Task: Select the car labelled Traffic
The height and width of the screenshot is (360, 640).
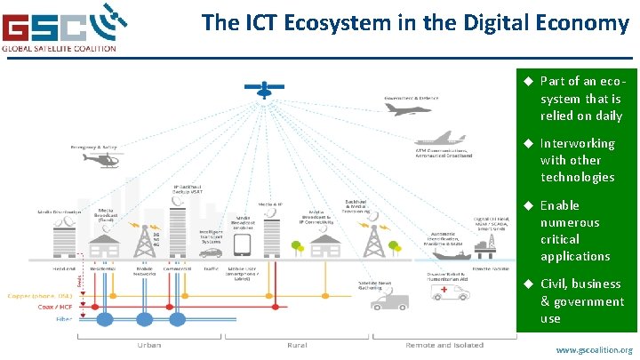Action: pos(212,256)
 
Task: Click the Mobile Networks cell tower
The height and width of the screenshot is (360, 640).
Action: pos(141,240)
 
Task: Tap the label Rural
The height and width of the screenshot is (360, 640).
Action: pos(296,344)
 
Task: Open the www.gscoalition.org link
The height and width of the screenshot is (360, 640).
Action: pos(594,350)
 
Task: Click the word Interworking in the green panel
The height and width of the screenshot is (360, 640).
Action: pos(577,143)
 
